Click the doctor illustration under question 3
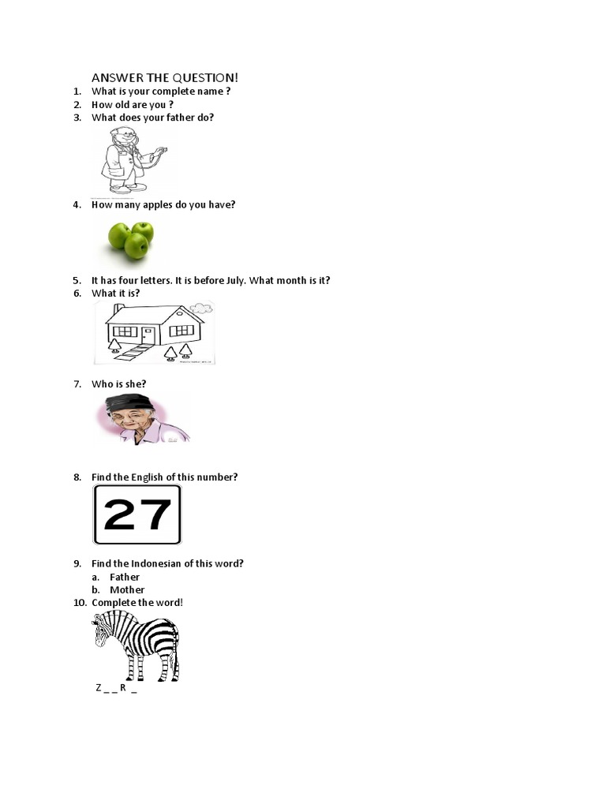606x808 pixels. click(129, 160)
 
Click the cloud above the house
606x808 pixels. click(201, 308)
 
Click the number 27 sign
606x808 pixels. click(137, 514)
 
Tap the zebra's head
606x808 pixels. click(102, 631)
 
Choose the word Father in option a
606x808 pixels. click(125, 577)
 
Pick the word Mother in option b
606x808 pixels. click(127, 589)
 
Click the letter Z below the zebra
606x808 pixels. click(99, 687)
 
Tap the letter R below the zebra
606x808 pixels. click(123, 687)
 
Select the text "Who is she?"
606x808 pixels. click(118, 384)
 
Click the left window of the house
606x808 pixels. click(125, 331)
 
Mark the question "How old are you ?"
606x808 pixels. click(133, 104)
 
